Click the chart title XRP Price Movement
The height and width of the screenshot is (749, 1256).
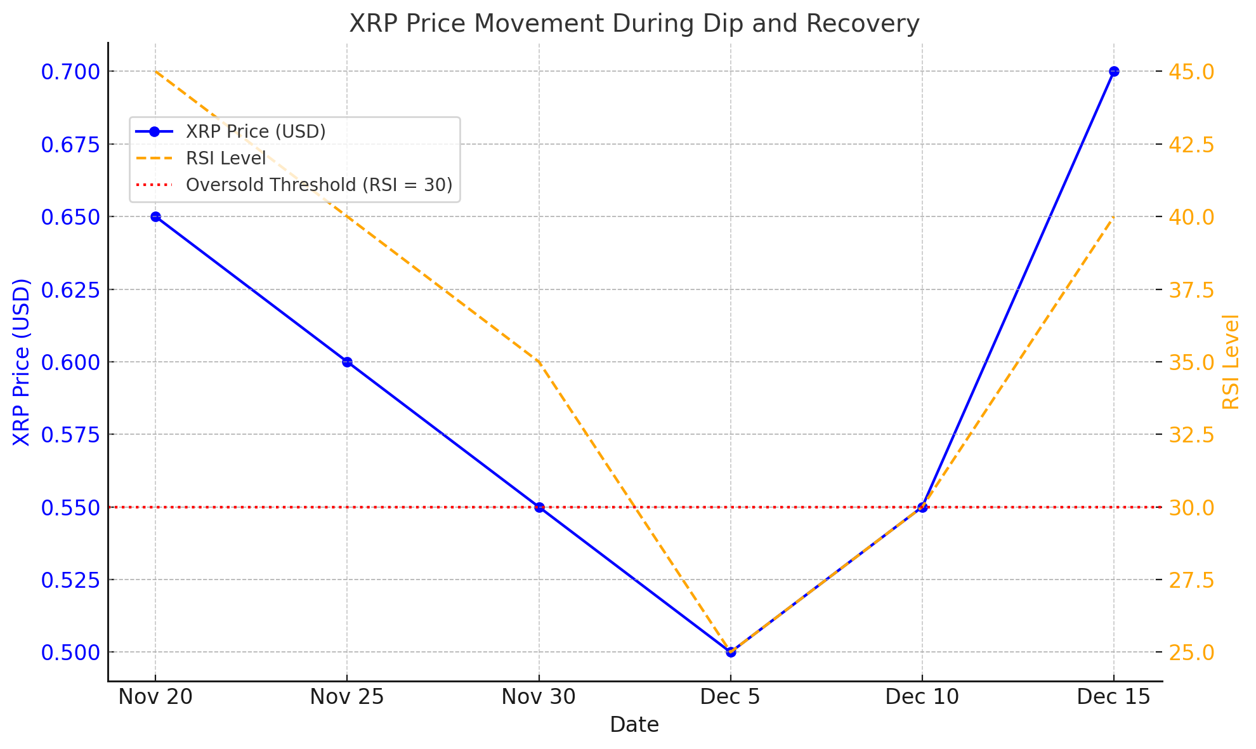634,24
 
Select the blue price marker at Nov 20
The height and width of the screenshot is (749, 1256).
155,216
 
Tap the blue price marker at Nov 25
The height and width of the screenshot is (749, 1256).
347,362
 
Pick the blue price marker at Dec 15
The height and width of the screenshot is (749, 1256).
1114,71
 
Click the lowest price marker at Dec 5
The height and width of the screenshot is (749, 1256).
731,652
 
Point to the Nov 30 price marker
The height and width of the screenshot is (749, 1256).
539,507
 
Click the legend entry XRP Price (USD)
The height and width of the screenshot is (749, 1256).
256,131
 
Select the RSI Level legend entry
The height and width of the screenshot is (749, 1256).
226,158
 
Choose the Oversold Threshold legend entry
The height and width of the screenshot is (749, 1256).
319,185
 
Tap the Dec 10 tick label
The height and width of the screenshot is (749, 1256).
922,697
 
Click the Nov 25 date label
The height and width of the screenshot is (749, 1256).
347,697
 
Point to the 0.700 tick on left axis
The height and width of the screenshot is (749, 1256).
70,72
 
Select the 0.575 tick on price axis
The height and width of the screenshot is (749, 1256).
70,435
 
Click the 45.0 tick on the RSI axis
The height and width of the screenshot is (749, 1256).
1193,72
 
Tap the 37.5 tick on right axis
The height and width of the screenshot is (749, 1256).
1193,290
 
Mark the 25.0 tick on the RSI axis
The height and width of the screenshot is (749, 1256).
1193,653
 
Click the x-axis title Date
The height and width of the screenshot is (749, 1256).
634,725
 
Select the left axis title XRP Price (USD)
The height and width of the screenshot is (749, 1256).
22,362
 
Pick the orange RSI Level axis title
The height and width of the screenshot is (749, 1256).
1231,362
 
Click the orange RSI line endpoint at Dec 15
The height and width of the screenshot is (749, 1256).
1113,217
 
